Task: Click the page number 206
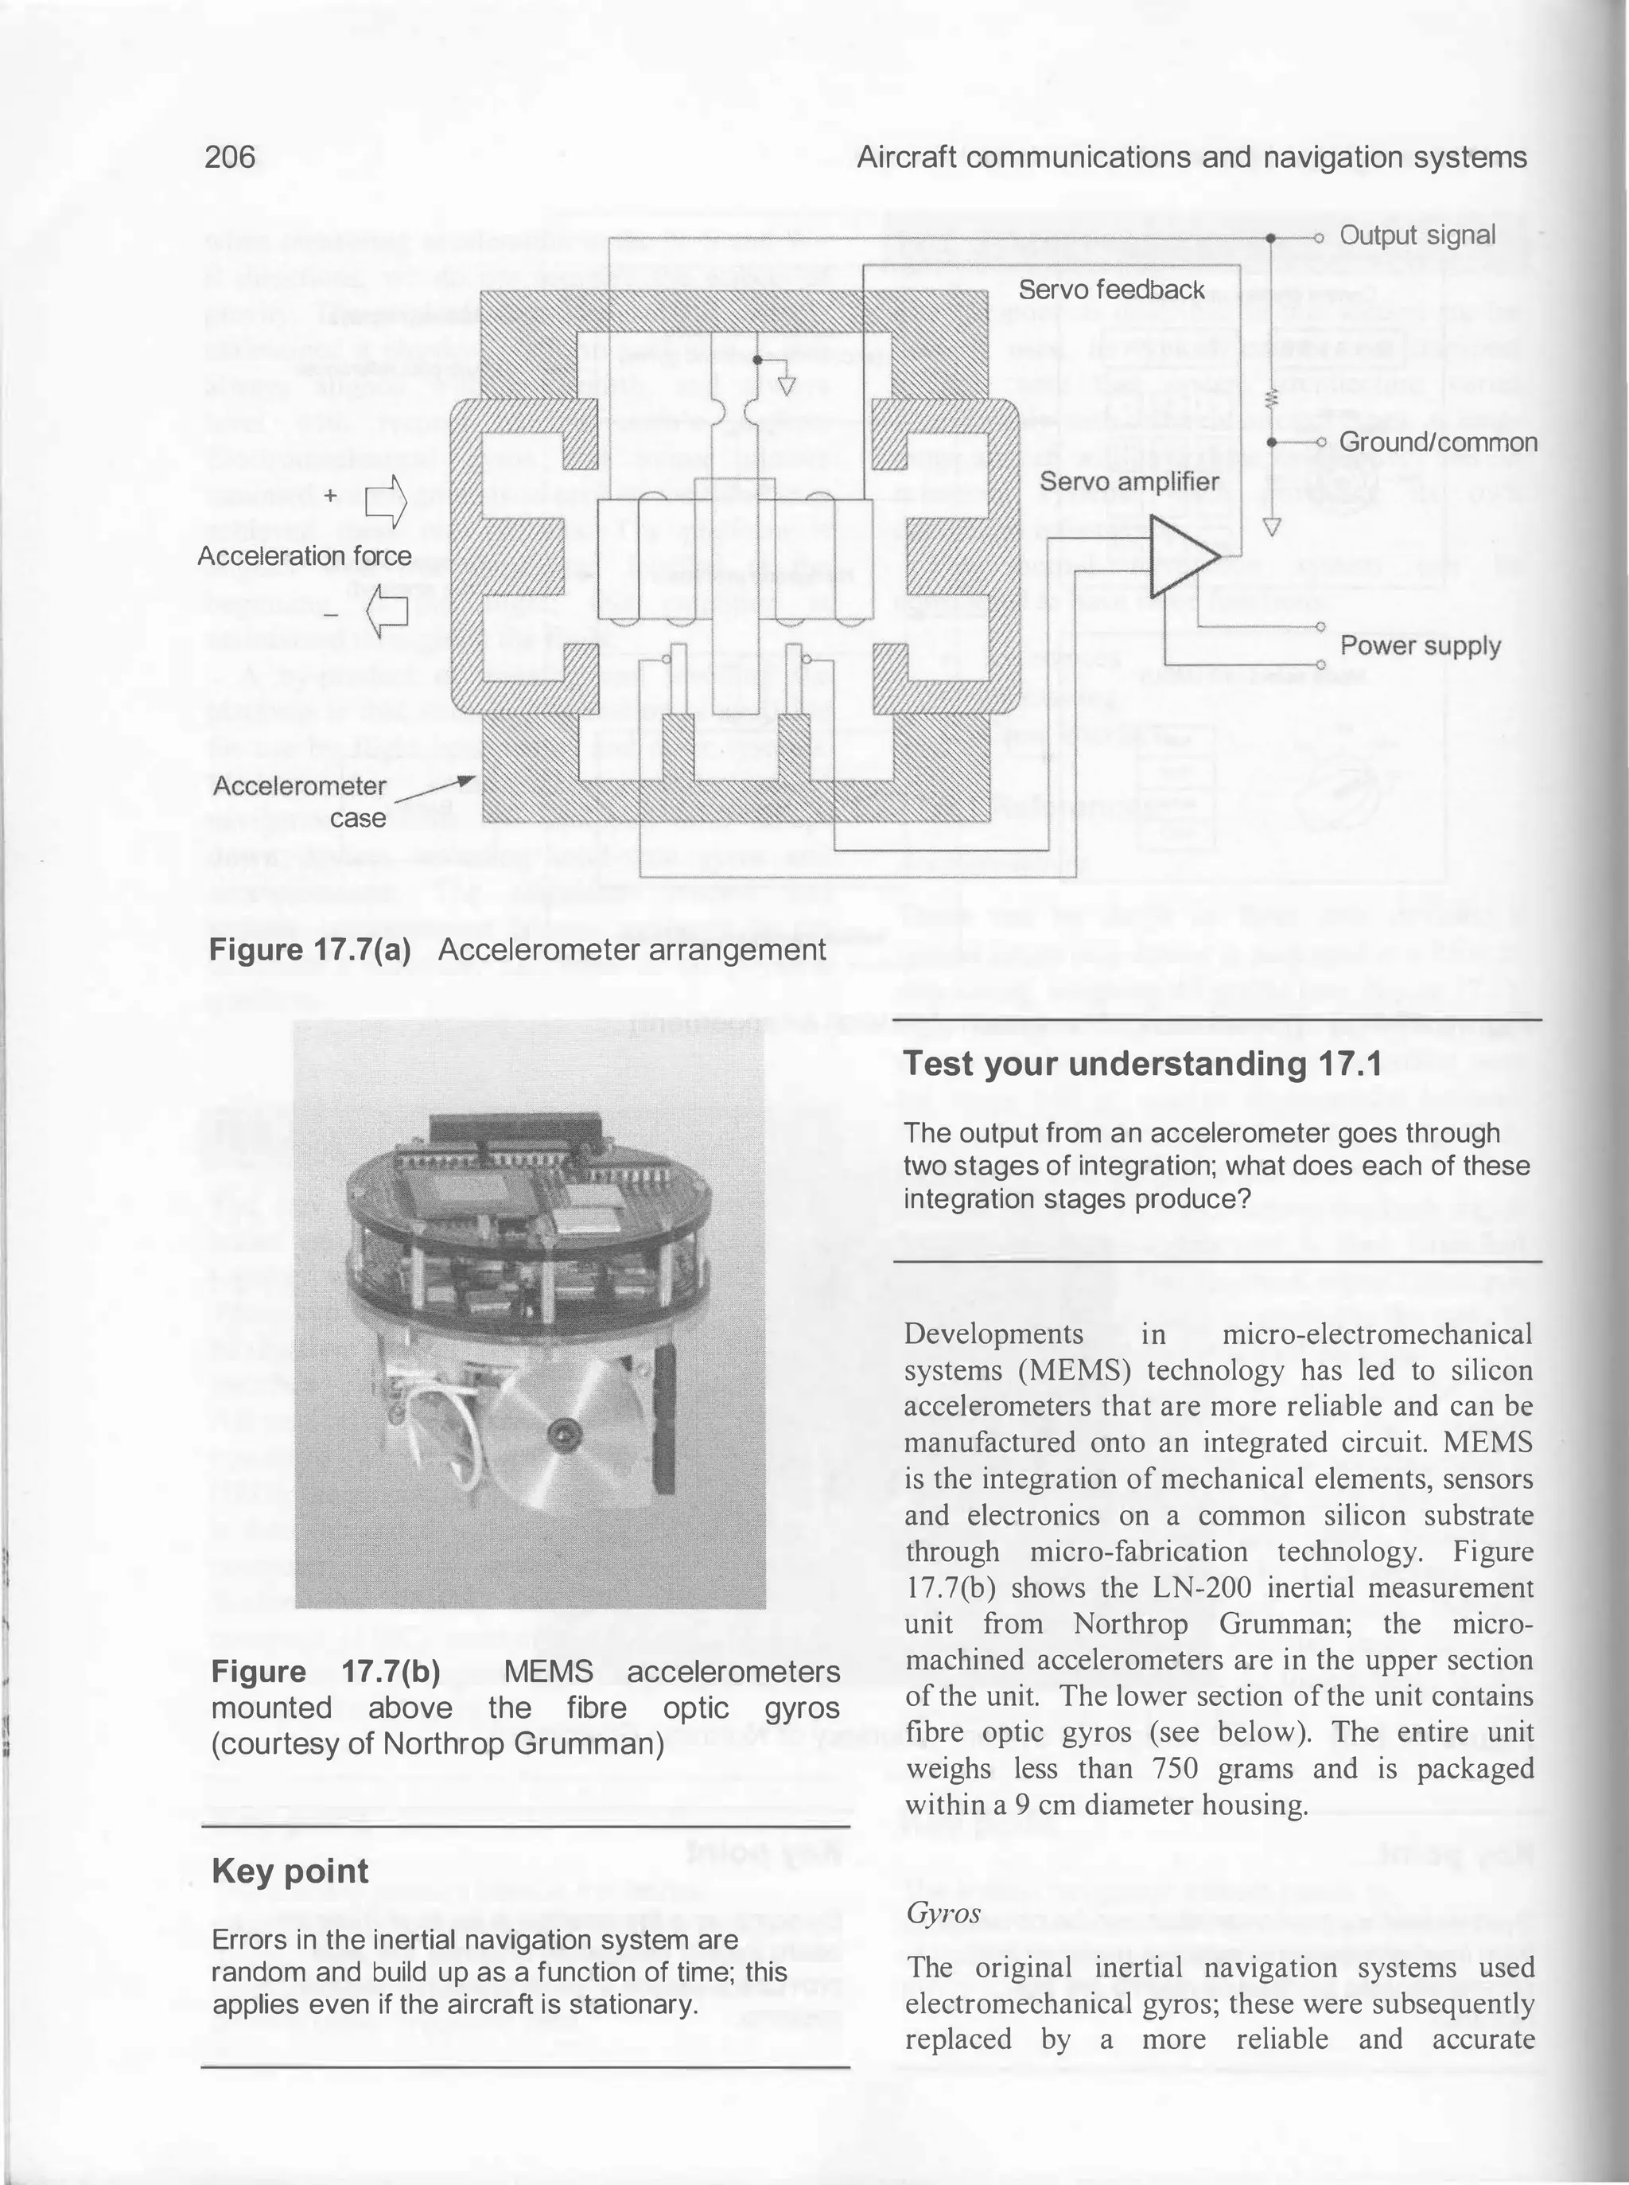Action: click(x=230, y=157)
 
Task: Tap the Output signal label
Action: click(x=1417, y=236)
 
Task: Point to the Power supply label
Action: click(x=1420, y=646)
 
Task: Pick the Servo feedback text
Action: click(x=1111, y=290)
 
